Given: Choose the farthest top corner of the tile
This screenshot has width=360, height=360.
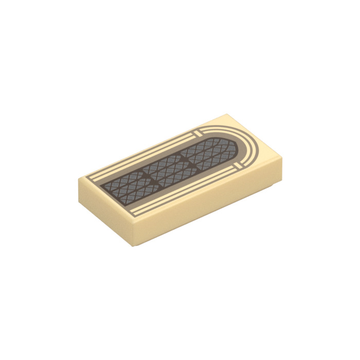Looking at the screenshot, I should point(227,114).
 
